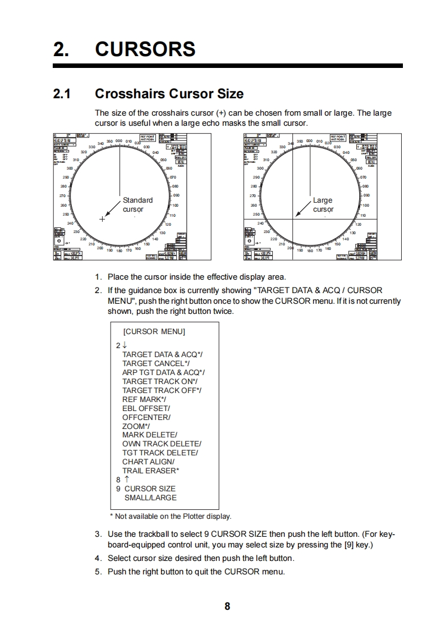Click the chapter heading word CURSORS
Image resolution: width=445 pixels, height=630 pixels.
point(145,49)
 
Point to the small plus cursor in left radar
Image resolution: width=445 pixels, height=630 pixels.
point(102,219)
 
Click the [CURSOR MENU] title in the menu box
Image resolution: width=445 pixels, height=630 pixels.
point(154,331)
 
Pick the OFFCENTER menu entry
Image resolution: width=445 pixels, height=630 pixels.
point(146,417)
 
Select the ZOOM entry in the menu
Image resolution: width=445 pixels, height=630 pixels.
point(136,426)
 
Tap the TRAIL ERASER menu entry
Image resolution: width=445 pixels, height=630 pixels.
point(150,471)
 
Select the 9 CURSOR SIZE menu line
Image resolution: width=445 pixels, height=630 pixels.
point(146,489)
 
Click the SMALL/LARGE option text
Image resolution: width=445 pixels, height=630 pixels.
point(150,497)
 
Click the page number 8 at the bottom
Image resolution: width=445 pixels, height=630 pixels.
point(227,606)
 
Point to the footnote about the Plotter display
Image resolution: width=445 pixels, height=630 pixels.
point(170,516)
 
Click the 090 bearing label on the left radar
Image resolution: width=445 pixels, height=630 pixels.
point(176,195)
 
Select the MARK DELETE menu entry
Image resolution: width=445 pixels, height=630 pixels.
point(150,435)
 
